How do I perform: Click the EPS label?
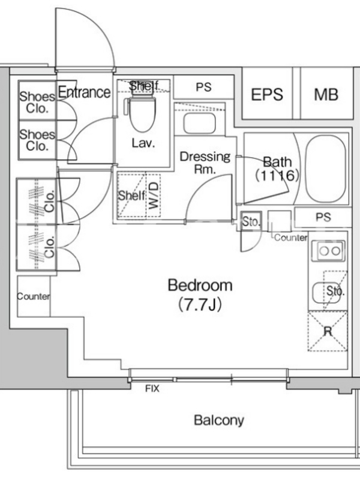tap(267, 94)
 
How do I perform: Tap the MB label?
tap(326, 94)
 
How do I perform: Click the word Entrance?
tap(84, 92)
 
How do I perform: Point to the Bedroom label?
tap(200, 285)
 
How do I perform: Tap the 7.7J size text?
tap(200, 304)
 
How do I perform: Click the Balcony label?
tap(219, 421)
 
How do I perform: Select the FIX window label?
tap(152, 389)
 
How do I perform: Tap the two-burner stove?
tap(328, 251)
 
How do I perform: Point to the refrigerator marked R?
tap(328, 331)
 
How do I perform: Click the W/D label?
tap(154, 195)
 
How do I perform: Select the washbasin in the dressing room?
tap(200, 124)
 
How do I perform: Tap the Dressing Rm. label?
tap(205, 163)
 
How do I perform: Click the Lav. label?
tap(143, 143)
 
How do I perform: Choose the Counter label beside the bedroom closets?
tap(34, 296)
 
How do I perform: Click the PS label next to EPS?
tap(203, 87)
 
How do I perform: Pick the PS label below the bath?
tap(323, 217)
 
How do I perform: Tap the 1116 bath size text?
tap(277, 175)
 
